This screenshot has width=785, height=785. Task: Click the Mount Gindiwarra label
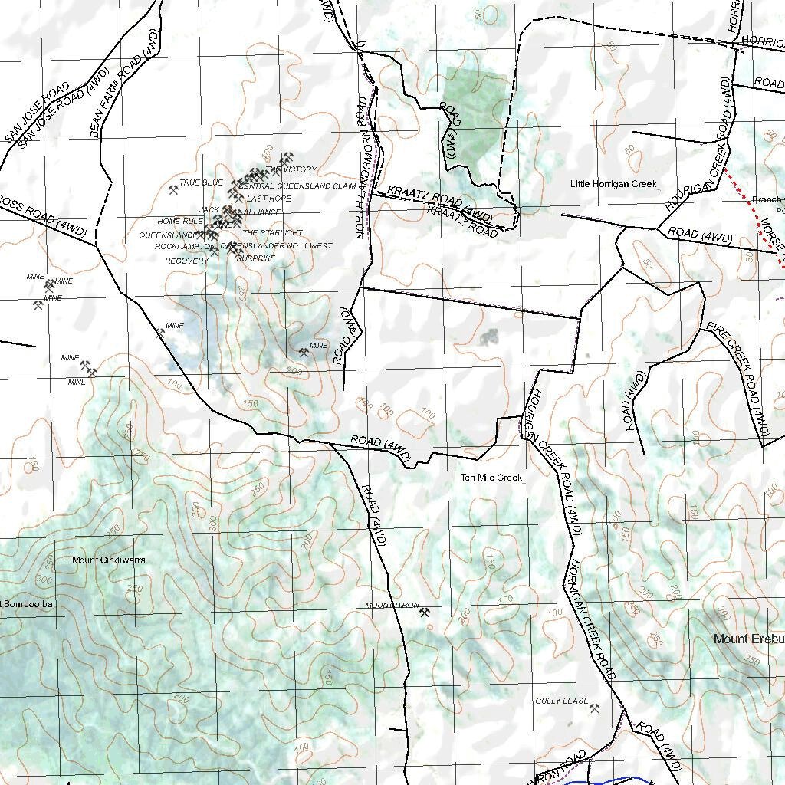pyautogui.click(x=108, y=560)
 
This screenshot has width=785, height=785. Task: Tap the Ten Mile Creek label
pyautogui.click(x=491, y=478)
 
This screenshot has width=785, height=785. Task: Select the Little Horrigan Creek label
pyautogui.click(x=613, y=184)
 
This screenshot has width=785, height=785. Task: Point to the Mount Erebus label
pyautogui.click(x=748, y=639)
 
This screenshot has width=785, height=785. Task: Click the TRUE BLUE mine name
pyautogui.click(x=201, y=182)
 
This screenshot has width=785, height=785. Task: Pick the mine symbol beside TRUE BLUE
pyautogui.click(x=173, y=190)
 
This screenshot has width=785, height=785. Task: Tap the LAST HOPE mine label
pyautogui.click(x=268, y=199)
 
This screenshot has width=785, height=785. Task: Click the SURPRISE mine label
pyautogui.click(x=255, y=259)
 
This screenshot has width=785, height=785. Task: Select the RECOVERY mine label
pyautogui.click(x=186, y=261)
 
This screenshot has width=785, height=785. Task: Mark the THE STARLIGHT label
pyautogui.click(x=272, y=233)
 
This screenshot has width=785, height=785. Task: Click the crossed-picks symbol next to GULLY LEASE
pyautogui.click(x=594, y=708)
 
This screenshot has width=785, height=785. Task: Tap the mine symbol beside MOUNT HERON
pyautogui.click(x=425, y=612)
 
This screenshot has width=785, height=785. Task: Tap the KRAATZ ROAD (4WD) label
pyautogui.click(x=438, y=203)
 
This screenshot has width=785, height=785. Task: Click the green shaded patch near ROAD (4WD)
pyautogui.click(x=472, y=115)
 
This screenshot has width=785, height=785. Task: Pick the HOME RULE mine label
pyautogui.click(x=180, y=222)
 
